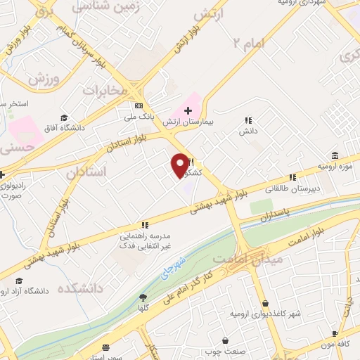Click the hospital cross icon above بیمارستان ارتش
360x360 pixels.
point(188,110)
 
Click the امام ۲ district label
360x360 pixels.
point(249,44)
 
